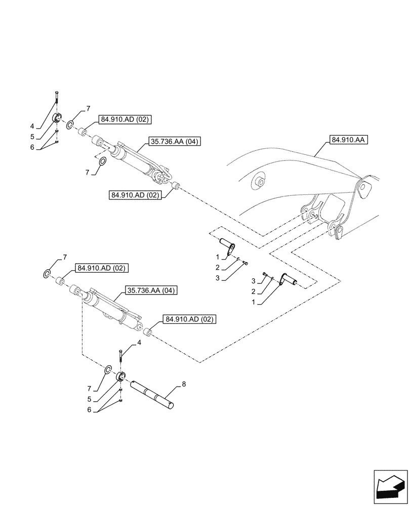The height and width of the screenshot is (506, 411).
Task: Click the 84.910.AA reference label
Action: [x=349, y=139]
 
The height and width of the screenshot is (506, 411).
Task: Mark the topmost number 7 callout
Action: [x=88, y=108]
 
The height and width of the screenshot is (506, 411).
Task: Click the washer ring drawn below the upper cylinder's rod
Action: [x=102, y=162]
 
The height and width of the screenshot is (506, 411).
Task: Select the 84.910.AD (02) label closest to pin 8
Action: [x=189, y=319]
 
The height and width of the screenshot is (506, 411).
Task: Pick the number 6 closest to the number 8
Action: [x=90, y=411]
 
